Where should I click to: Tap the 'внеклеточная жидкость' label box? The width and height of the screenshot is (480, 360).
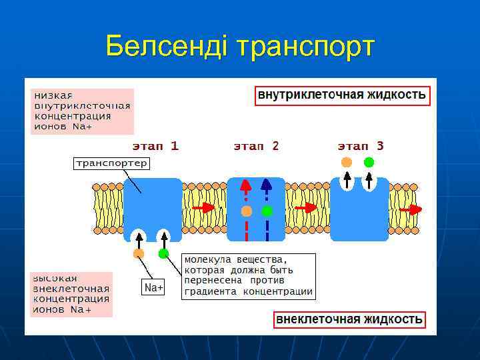point(349,319)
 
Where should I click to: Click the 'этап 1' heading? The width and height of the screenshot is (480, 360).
point(154,146)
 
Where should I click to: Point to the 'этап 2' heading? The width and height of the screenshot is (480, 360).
point(256,146)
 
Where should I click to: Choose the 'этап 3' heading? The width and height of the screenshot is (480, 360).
point(361,146)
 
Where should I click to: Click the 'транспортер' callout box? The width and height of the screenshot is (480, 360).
point(111,163)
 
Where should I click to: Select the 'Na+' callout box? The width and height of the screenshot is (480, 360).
point(153,287)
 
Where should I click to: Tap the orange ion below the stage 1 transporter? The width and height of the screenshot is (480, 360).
point(139,253)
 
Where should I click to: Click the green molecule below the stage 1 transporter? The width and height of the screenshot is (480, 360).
point(163,253)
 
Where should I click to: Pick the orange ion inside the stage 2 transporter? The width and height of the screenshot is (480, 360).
point(247,211)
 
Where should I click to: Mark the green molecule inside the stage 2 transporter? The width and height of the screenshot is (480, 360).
point(267,211)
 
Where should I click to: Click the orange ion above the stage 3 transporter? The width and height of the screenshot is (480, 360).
point(346,162)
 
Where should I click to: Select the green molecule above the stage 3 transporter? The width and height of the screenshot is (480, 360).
point(369,162)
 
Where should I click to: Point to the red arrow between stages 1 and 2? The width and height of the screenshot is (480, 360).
point(204,208)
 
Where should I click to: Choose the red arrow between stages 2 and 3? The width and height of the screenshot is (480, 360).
point(306,208)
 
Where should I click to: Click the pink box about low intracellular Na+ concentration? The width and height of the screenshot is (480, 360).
point(82,111)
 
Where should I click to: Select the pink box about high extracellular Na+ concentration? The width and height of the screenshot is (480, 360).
point(71,294)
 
